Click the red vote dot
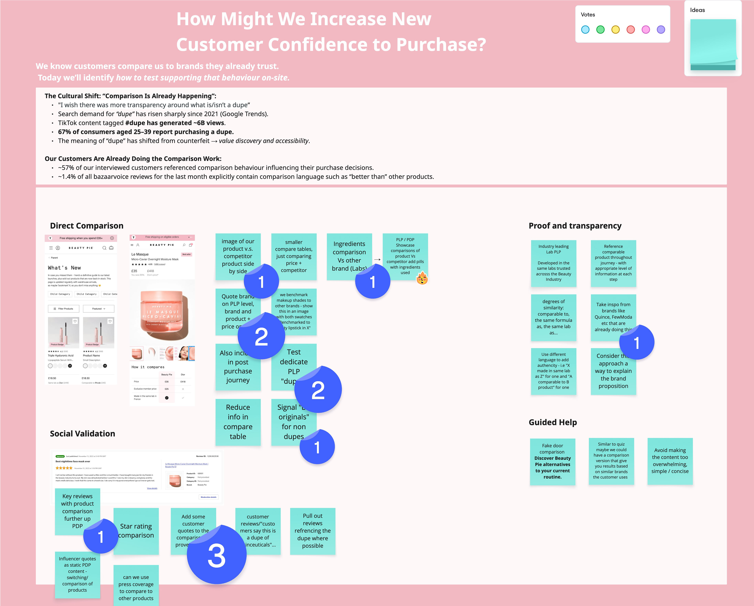(630, 30)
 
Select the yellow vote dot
(616, 30)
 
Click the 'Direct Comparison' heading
(87, 226)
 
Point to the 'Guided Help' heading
(553, 422)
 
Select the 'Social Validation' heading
(82, 434)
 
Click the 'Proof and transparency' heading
(575, 226)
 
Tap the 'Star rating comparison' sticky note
(136, 531)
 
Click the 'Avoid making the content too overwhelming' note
(670, 461)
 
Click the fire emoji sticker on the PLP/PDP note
(422, 279)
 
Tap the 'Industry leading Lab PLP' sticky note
(553, 263)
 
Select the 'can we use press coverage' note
(136, 587)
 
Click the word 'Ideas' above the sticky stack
(697, 10)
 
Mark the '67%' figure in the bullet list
(64, 132)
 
